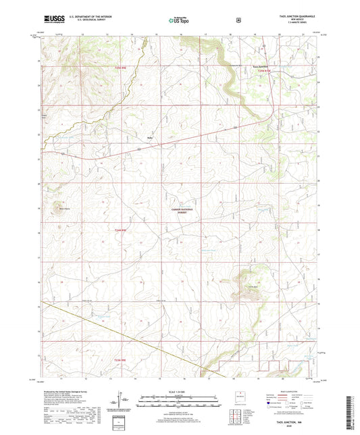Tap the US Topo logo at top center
(x=179, y=20)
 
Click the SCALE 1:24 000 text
(x=179, y=393)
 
